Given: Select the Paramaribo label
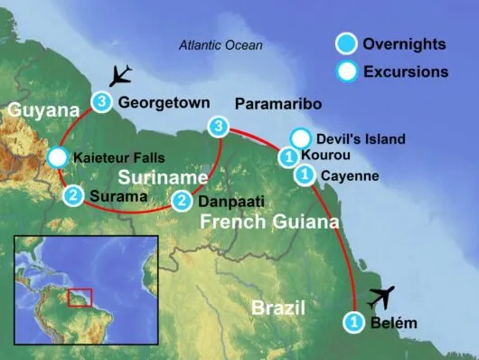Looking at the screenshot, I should point(277,104).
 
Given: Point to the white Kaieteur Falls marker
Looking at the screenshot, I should point(57,157).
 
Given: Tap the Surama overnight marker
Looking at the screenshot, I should point(74,194).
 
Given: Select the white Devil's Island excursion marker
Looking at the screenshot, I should point(301,139).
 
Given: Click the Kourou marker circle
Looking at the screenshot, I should point(288,157).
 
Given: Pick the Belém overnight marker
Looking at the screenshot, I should point(354,321).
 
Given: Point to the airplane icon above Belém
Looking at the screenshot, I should point(382,296).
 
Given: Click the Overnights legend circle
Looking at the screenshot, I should point(345,44).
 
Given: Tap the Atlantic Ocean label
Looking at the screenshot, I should point(221,44).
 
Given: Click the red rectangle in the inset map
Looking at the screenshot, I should point(81,296).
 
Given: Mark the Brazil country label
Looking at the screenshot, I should point(277,308).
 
